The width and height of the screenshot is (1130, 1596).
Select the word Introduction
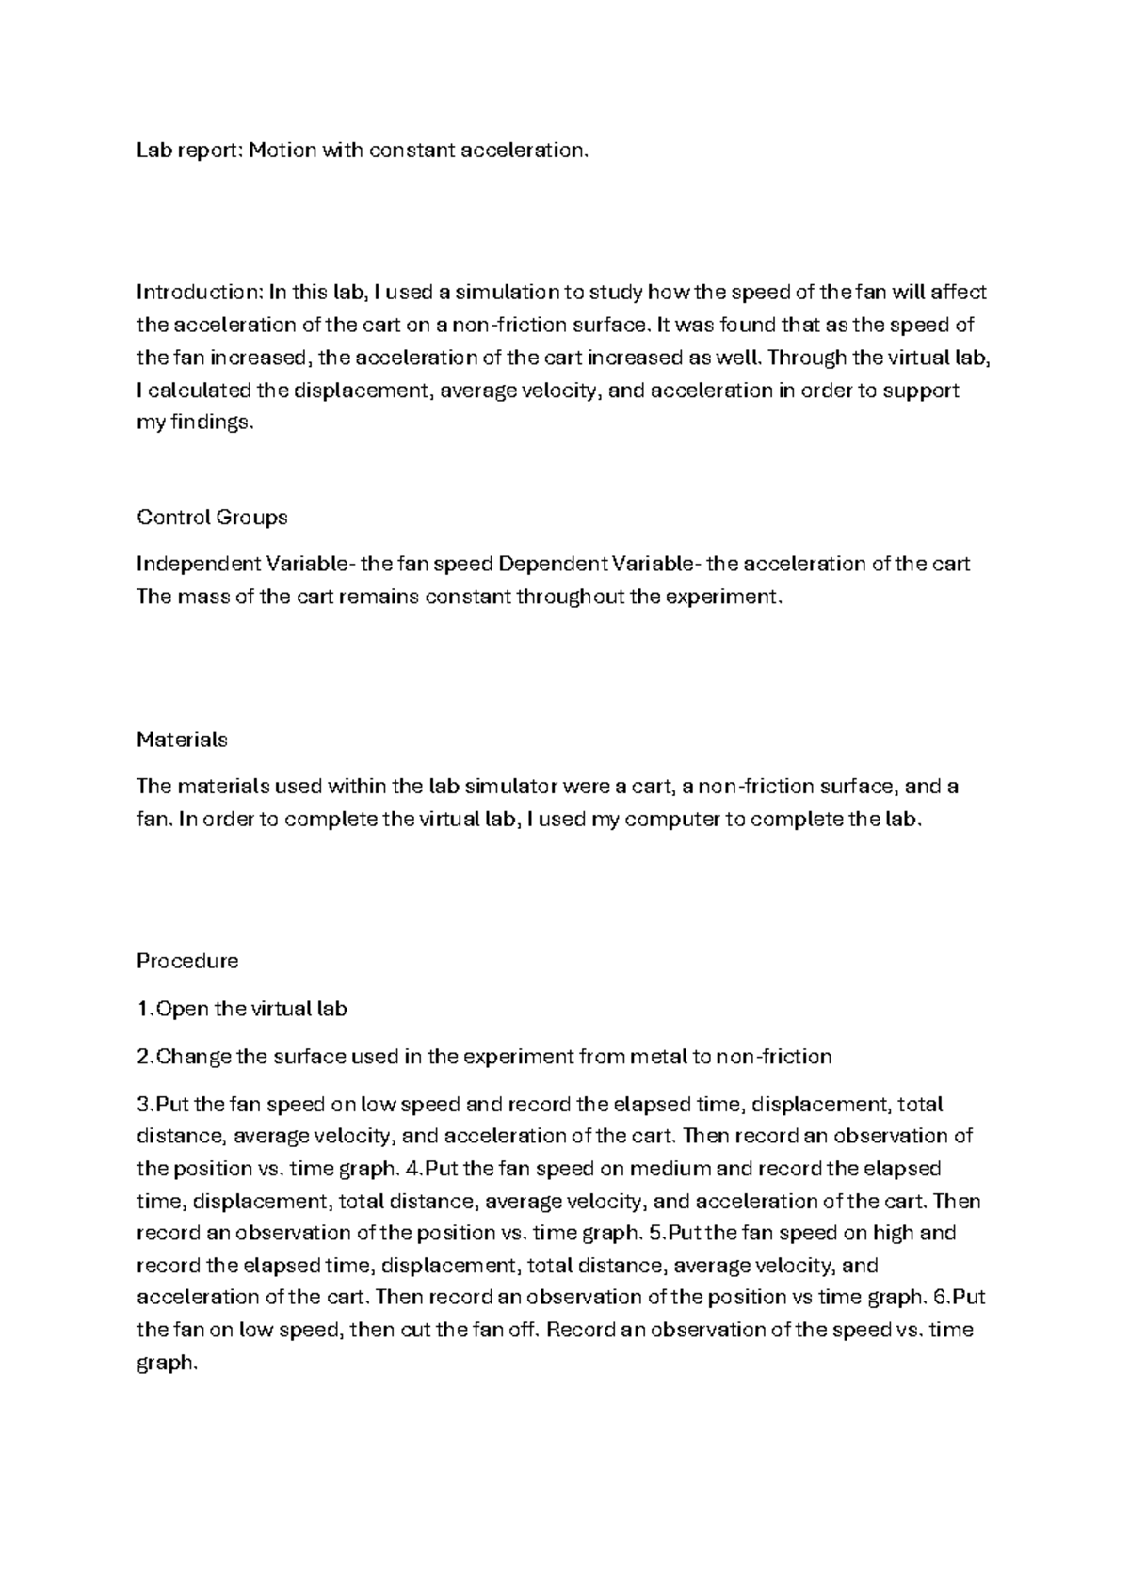pyautogui.click(x=198, y=292)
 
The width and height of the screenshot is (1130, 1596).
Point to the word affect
pyautogui.click(x=959, y=292)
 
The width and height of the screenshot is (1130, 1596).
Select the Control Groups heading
pyautogui.click(x=212, y=518)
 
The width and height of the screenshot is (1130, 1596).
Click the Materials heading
pyautogui.click(x=182, y=740)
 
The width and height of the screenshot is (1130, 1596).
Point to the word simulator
pyautogui.click(x=505, y=787)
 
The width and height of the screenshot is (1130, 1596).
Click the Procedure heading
pyautogui.click(x=187, y=962)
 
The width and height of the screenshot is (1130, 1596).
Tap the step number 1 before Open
pyautogui.click(x=142, y=1010)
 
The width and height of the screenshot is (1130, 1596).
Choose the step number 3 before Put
pyautogui.click(x=142, y=1104)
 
